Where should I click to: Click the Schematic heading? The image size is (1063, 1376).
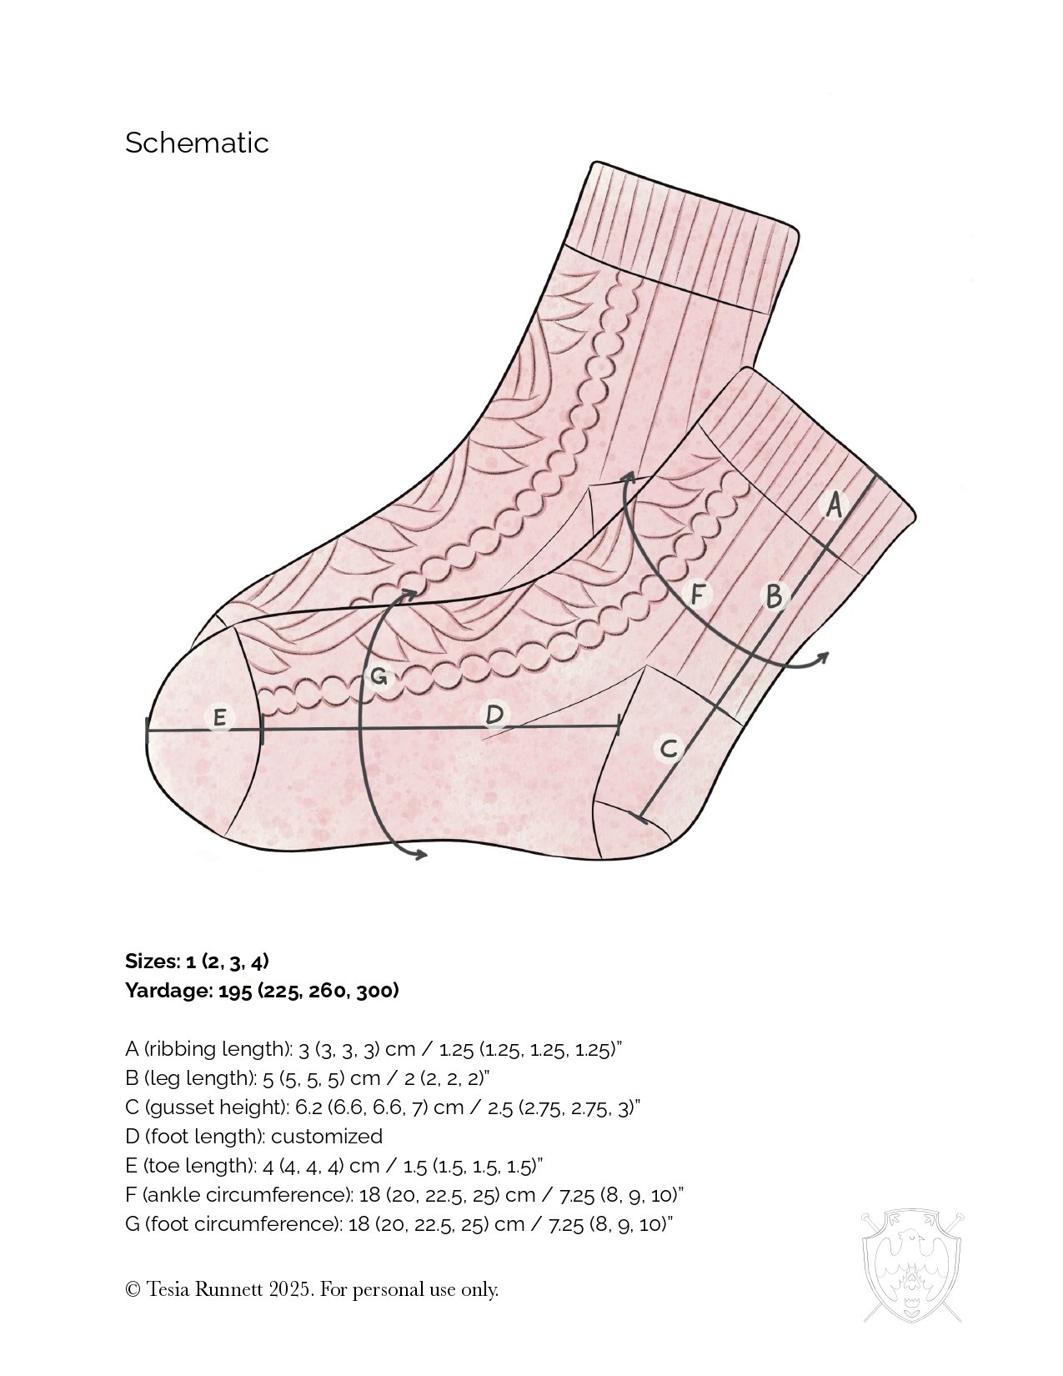(197, 143)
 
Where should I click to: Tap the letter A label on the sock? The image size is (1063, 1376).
(833, 505)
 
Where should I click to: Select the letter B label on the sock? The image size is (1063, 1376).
(775, 596)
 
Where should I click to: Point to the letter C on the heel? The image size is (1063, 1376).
(669, 748)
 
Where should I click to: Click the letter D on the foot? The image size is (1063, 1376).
(494, 715)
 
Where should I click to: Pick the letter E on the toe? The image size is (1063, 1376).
(219, 717)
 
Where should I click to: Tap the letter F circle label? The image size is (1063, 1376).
(699, 595)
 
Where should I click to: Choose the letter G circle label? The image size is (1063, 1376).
(379, 676)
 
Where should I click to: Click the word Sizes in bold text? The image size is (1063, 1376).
(151, 962)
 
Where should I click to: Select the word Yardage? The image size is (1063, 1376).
(169, 991)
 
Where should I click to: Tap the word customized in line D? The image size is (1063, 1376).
(327, 1137)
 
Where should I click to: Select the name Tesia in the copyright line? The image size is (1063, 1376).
(169, 1289)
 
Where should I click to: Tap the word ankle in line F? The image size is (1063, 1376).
(170, 1195)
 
